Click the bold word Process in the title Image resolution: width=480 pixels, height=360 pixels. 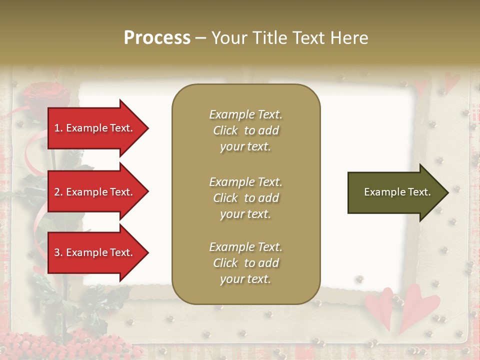pos(157,38)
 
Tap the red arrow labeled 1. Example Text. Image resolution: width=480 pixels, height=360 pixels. pos(95,128)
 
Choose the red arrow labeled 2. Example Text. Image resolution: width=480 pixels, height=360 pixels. pos(95,192)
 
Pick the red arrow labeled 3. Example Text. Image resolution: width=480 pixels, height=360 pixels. pos(95,252)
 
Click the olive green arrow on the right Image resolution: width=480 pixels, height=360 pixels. pos(395,192)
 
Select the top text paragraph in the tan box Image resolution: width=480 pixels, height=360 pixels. pos(245,130)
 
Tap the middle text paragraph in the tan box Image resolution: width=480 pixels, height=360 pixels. pos(245,198)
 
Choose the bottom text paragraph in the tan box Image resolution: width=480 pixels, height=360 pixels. pos(245,263)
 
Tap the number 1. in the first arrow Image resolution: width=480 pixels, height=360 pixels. pos(58,128)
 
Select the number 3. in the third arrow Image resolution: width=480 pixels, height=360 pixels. pos(58,252)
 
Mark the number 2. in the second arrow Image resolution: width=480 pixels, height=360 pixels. pos(58,192)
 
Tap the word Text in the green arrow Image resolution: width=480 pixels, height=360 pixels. pos(419,192)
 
